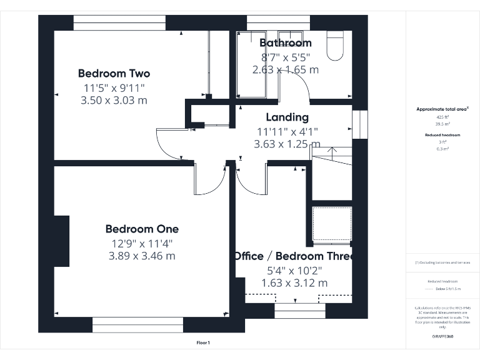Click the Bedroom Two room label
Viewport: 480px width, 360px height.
point(114,73)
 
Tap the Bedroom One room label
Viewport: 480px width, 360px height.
point(142,229)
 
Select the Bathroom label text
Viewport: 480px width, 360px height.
point(285,43)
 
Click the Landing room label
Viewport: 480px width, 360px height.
point(287,117)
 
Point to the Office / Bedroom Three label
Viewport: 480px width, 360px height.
point(294,256)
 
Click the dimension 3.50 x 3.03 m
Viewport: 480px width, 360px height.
point(114,100)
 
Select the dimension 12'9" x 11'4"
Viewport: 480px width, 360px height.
point(141,243)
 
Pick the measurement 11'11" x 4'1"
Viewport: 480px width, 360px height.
point(287,131)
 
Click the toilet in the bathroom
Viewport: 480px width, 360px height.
point(335,46)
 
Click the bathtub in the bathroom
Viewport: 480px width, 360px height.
point(251,64)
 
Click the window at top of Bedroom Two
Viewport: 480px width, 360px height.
point(119,22)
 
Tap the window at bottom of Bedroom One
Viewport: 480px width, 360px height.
point(137,324)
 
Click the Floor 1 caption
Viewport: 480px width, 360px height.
point(203,342)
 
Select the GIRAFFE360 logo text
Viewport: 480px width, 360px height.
point(442,336)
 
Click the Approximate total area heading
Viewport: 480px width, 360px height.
point(442,109)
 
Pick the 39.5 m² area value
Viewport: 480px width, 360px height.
point(442,123)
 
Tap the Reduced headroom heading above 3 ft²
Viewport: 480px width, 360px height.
point(442,135)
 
